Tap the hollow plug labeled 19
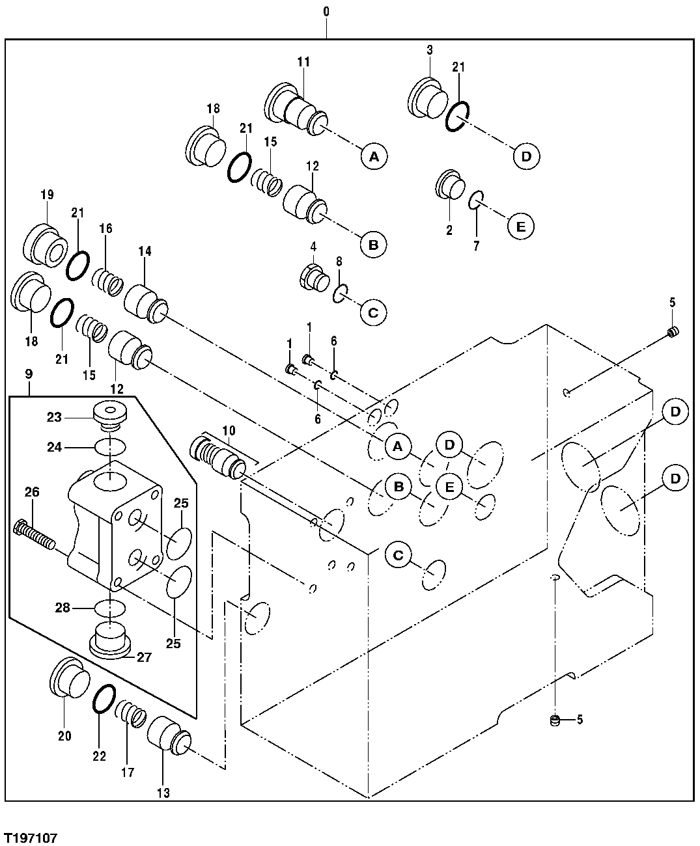pos(46,245)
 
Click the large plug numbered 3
pos(428,98)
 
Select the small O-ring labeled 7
pos(477,200)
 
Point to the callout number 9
pos(29,374)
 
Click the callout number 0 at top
pos(326,12)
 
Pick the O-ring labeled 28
pos(109,608)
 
